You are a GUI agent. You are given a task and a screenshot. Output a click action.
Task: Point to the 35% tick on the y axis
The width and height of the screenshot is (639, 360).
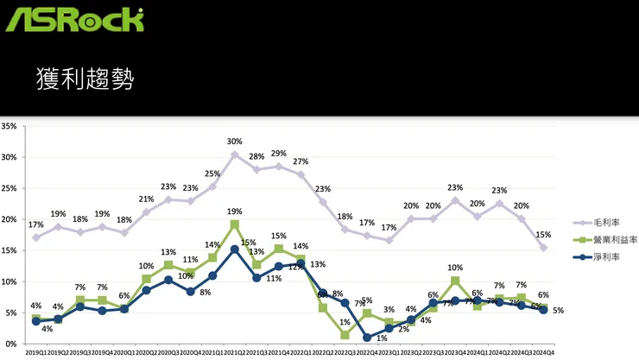click(10, 126)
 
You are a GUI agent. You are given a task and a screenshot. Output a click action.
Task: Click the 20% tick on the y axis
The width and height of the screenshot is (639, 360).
click(10, 219)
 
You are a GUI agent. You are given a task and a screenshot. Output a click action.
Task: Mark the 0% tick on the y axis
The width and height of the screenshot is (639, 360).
click(12, 344)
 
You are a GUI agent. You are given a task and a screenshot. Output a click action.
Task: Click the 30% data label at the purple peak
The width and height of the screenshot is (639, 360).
click(235, 142)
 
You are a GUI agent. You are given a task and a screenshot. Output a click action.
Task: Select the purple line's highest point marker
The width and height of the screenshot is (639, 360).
click(235, 155)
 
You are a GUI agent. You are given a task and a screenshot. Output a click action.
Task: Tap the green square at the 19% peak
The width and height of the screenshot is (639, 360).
click(235, 224)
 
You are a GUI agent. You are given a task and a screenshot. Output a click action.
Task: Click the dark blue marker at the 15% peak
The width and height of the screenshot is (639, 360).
click(235, 249)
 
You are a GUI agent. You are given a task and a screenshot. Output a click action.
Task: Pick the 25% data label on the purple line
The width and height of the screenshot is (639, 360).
click(212, 174)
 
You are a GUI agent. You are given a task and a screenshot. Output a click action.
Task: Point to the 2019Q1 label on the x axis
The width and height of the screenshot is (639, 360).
click(35, 352)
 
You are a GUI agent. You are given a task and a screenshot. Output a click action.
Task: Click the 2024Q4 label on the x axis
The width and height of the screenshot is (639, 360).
click(542, 352)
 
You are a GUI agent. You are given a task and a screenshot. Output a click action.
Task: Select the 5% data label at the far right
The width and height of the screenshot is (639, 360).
click(559, 311)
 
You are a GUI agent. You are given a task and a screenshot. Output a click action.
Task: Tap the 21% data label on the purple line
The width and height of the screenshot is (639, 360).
click(146, 199)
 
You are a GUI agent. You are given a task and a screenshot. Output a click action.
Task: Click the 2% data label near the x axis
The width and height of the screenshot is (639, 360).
click(403, 329)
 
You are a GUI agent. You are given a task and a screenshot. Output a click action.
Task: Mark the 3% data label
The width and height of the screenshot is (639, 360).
click(389, 310)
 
